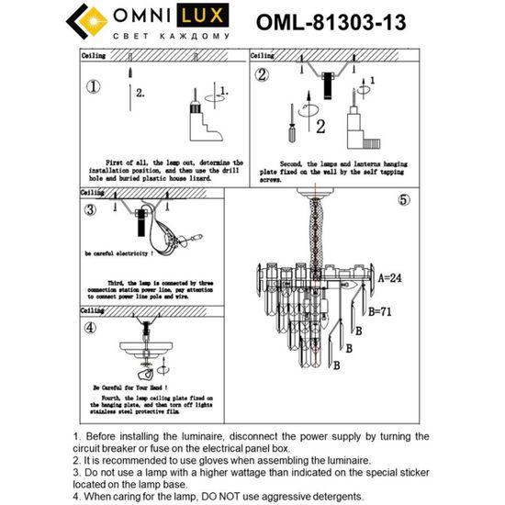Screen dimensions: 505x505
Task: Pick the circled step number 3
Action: [x=90, y=209]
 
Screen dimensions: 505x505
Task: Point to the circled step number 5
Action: [x=403, y=199]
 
